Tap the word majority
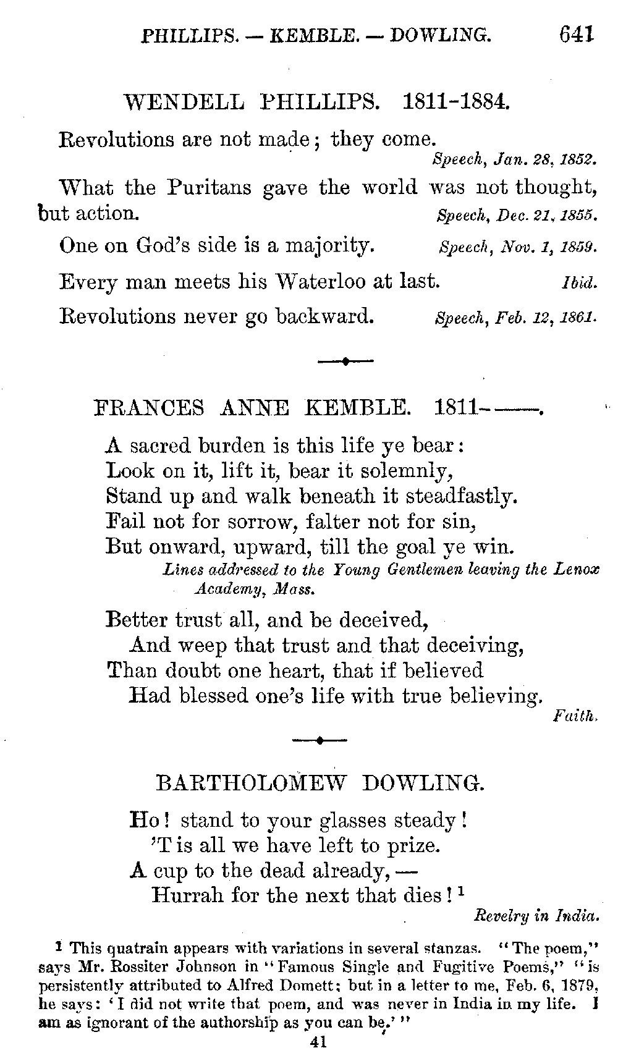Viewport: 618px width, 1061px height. point(329,247)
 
